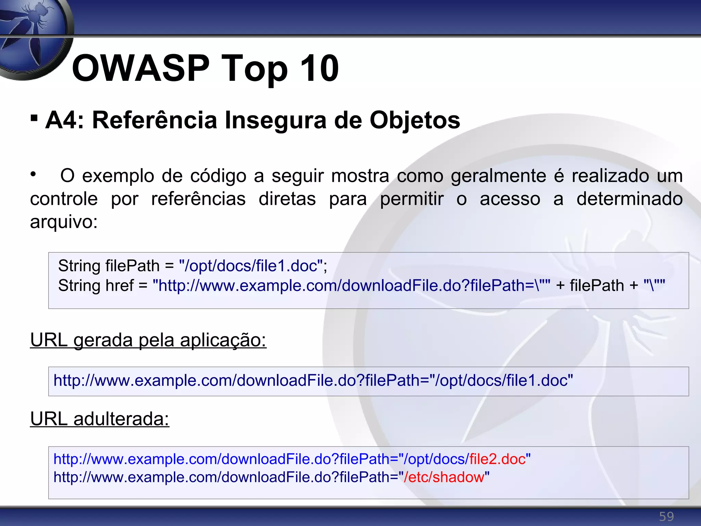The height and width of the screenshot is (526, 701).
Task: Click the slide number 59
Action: tap(666, 516)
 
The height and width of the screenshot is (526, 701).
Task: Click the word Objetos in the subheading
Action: tap(415, 121)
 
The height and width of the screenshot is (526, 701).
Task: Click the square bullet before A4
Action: tap(34, 118)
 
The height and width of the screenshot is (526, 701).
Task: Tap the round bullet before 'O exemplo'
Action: tap(33, 174)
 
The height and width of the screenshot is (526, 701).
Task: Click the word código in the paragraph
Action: tap(218, 176)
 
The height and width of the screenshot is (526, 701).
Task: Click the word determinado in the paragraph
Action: tap(629, 199)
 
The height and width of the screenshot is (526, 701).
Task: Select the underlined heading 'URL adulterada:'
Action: tap(100, 419)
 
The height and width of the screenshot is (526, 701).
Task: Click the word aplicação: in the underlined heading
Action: tap(223, 340)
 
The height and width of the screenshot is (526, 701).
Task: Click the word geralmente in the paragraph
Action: tap(498, 176)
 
